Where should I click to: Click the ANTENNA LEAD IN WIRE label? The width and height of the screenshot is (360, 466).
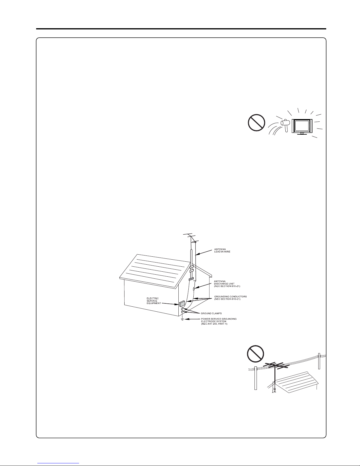(x=222, y=250)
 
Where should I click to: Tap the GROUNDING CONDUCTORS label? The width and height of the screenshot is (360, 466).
(x=231, y=298)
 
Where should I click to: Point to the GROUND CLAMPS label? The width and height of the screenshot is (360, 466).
(x=211, y=313)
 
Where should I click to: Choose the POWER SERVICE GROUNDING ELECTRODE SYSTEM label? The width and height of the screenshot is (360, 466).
(x=219, y=321)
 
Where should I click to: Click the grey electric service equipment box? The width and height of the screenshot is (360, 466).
(x=182, y=303)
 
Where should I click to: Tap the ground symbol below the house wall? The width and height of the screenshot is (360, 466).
(x=182, y=320)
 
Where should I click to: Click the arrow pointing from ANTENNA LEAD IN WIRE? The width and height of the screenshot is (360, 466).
(x=204, y=252)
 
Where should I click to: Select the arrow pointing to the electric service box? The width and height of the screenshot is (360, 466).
(x=170, y=304)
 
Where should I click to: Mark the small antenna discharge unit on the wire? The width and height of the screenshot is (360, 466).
(x=194, y=289)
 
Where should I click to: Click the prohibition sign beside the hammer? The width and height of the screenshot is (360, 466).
(x=257, y=123)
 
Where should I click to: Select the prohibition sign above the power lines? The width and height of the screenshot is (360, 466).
(x=255, y=354)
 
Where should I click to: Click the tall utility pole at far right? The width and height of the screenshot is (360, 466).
(x=319, y=361)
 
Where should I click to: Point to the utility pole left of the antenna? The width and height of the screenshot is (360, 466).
(x=255, y=378)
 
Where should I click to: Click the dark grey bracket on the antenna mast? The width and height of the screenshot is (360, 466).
(x=191, y=279)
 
